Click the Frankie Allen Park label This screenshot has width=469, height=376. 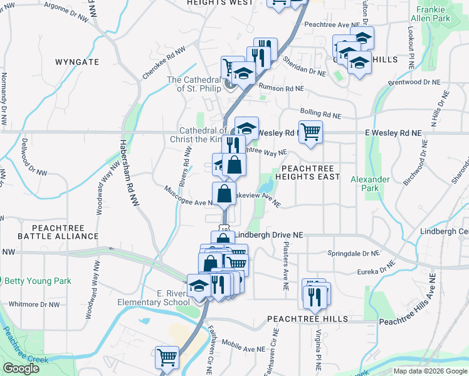(441, 14)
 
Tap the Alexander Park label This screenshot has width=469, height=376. (370, 184)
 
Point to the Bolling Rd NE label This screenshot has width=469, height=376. (320, 112)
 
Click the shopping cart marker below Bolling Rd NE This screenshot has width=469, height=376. (310, 132)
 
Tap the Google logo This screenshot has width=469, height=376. (21, 368)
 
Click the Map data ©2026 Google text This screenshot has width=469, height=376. (429, 371)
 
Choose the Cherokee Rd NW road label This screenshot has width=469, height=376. (164, 63)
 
